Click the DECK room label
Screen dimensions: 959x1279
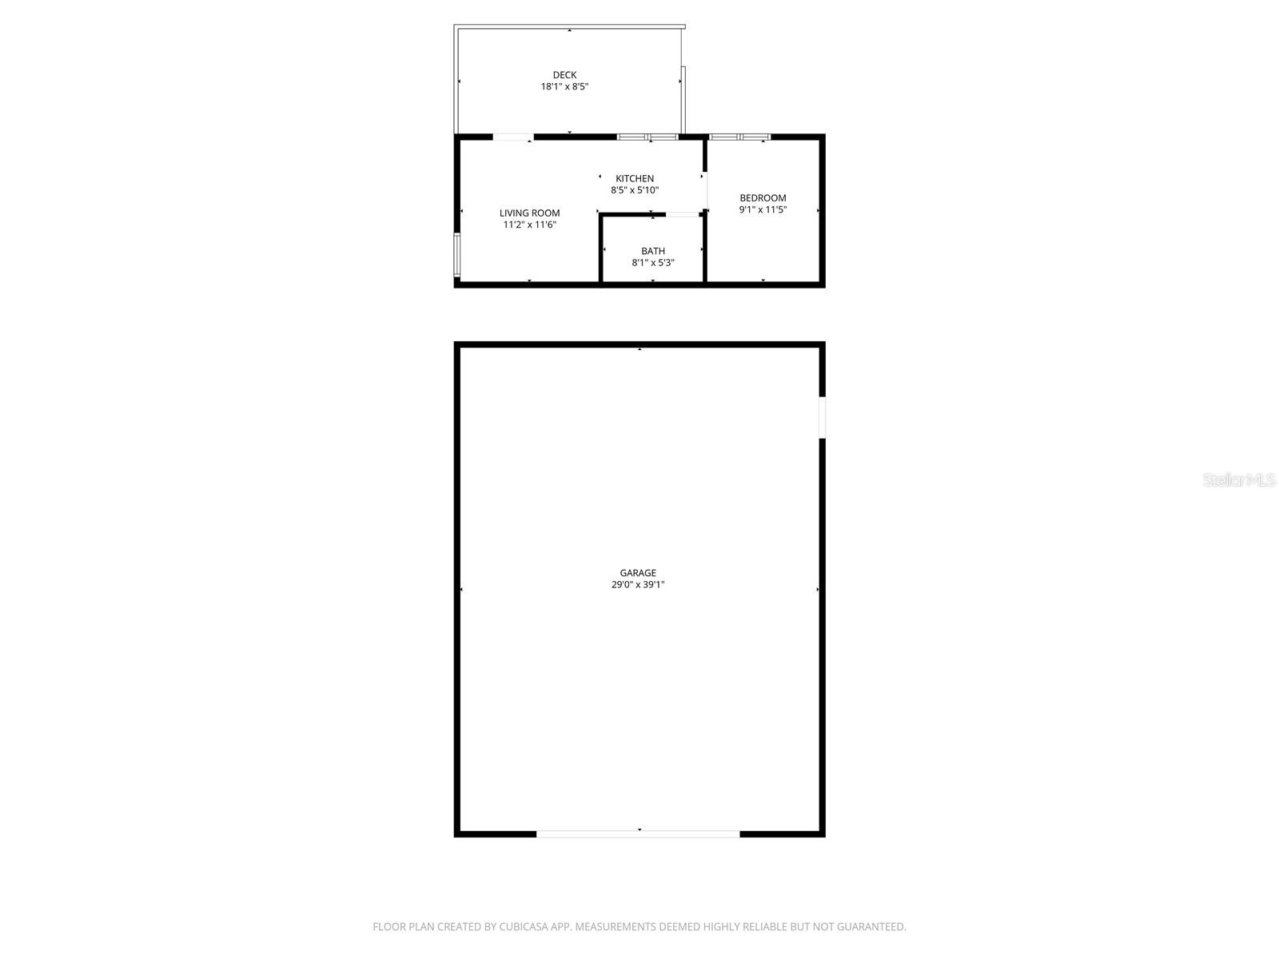pos(564,75)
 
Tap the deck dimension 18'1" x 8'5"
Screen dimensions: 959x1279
pos(564,86)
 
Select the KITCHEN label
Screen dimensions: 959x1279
pos(635,178)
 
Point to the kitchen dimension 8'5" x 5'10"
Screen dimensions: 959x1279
pos(635,190)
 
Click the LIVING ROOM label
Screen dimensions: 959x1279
pos(529,213)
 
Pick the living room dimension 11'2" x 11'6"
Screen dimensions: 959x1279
pos(529,225)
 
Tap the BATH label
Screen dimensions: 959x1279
pos(653,251)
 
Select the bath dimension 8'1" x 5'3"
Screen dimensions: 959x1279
pos(653,262)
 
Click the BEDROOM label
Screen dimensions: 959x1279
pos(763,197)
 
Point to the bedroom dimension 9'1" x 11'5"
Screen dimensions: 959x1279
pos(763,209)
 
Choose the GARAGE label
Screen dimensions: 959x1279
pos(638,572)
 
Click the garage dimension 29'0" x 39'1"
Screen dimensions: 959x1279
pos(638,584)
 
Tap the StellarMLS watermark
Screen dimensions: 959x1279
pos(1239,479)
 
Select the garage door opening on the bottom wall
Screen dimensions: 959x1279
pos(638,834)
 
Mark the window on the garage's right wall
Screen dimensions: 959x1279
pos(822,417)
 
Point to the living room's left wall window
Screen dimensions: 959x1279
pos(457,255)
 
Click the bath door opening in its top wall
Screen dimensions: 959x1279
pos(683,214)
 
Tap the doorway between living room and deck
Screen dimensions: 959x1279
pos(512,137)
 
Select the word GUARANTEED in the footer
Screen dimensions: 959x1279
pos(872,927)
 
